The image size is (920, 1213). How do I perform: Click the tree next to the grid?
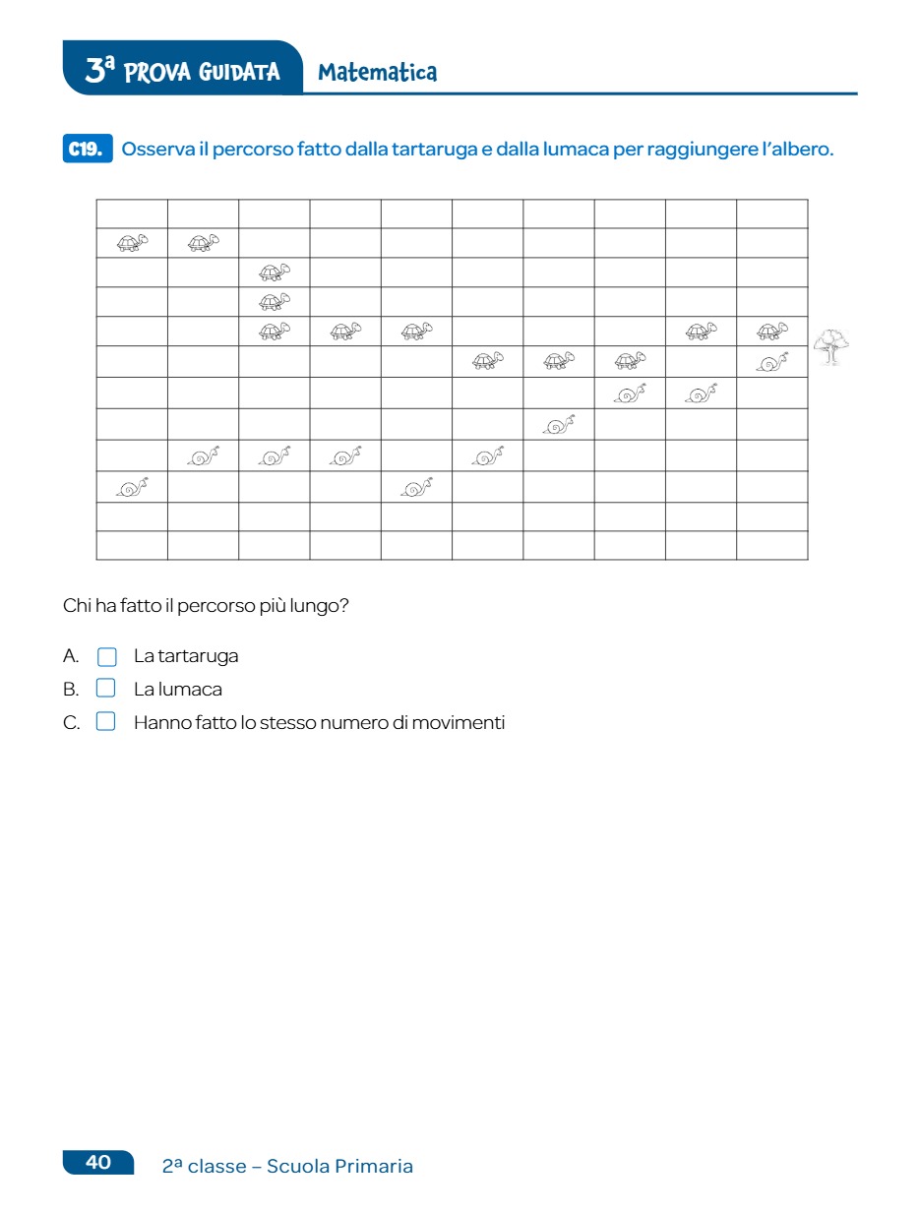tap(831, 346)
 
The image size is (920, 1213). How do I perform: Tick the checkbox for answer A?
tap(106, 656)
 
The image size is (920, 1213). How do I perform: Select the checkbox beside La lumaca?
tap(106, 689)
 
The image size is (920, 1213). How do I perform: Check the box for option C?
tap(106, 722)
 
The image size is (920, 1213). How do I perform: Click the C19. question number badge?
tap(88, 150)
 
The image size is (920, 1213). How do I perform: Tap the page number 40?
tap(98, 1162)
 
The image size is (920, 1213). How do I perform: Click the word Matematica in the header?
tap(378, 72)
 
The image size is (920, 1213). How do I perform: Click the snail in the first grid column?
tap(132, 487)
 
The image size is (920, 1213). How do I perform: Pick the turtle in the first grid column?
tap(132, 242)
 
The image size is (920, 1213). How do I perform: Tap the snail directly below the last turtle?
tap(772, 362)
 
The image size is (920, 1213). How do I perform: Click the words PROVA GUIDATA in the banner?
tap(203, 72)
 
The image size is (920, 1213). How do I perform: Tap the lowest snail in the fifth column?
tap(416, 487)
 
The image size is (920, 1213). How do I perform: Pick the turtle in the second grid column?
tap(203, 242)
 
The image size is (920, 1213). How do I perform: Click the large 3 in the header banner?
tap(95, 71)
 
